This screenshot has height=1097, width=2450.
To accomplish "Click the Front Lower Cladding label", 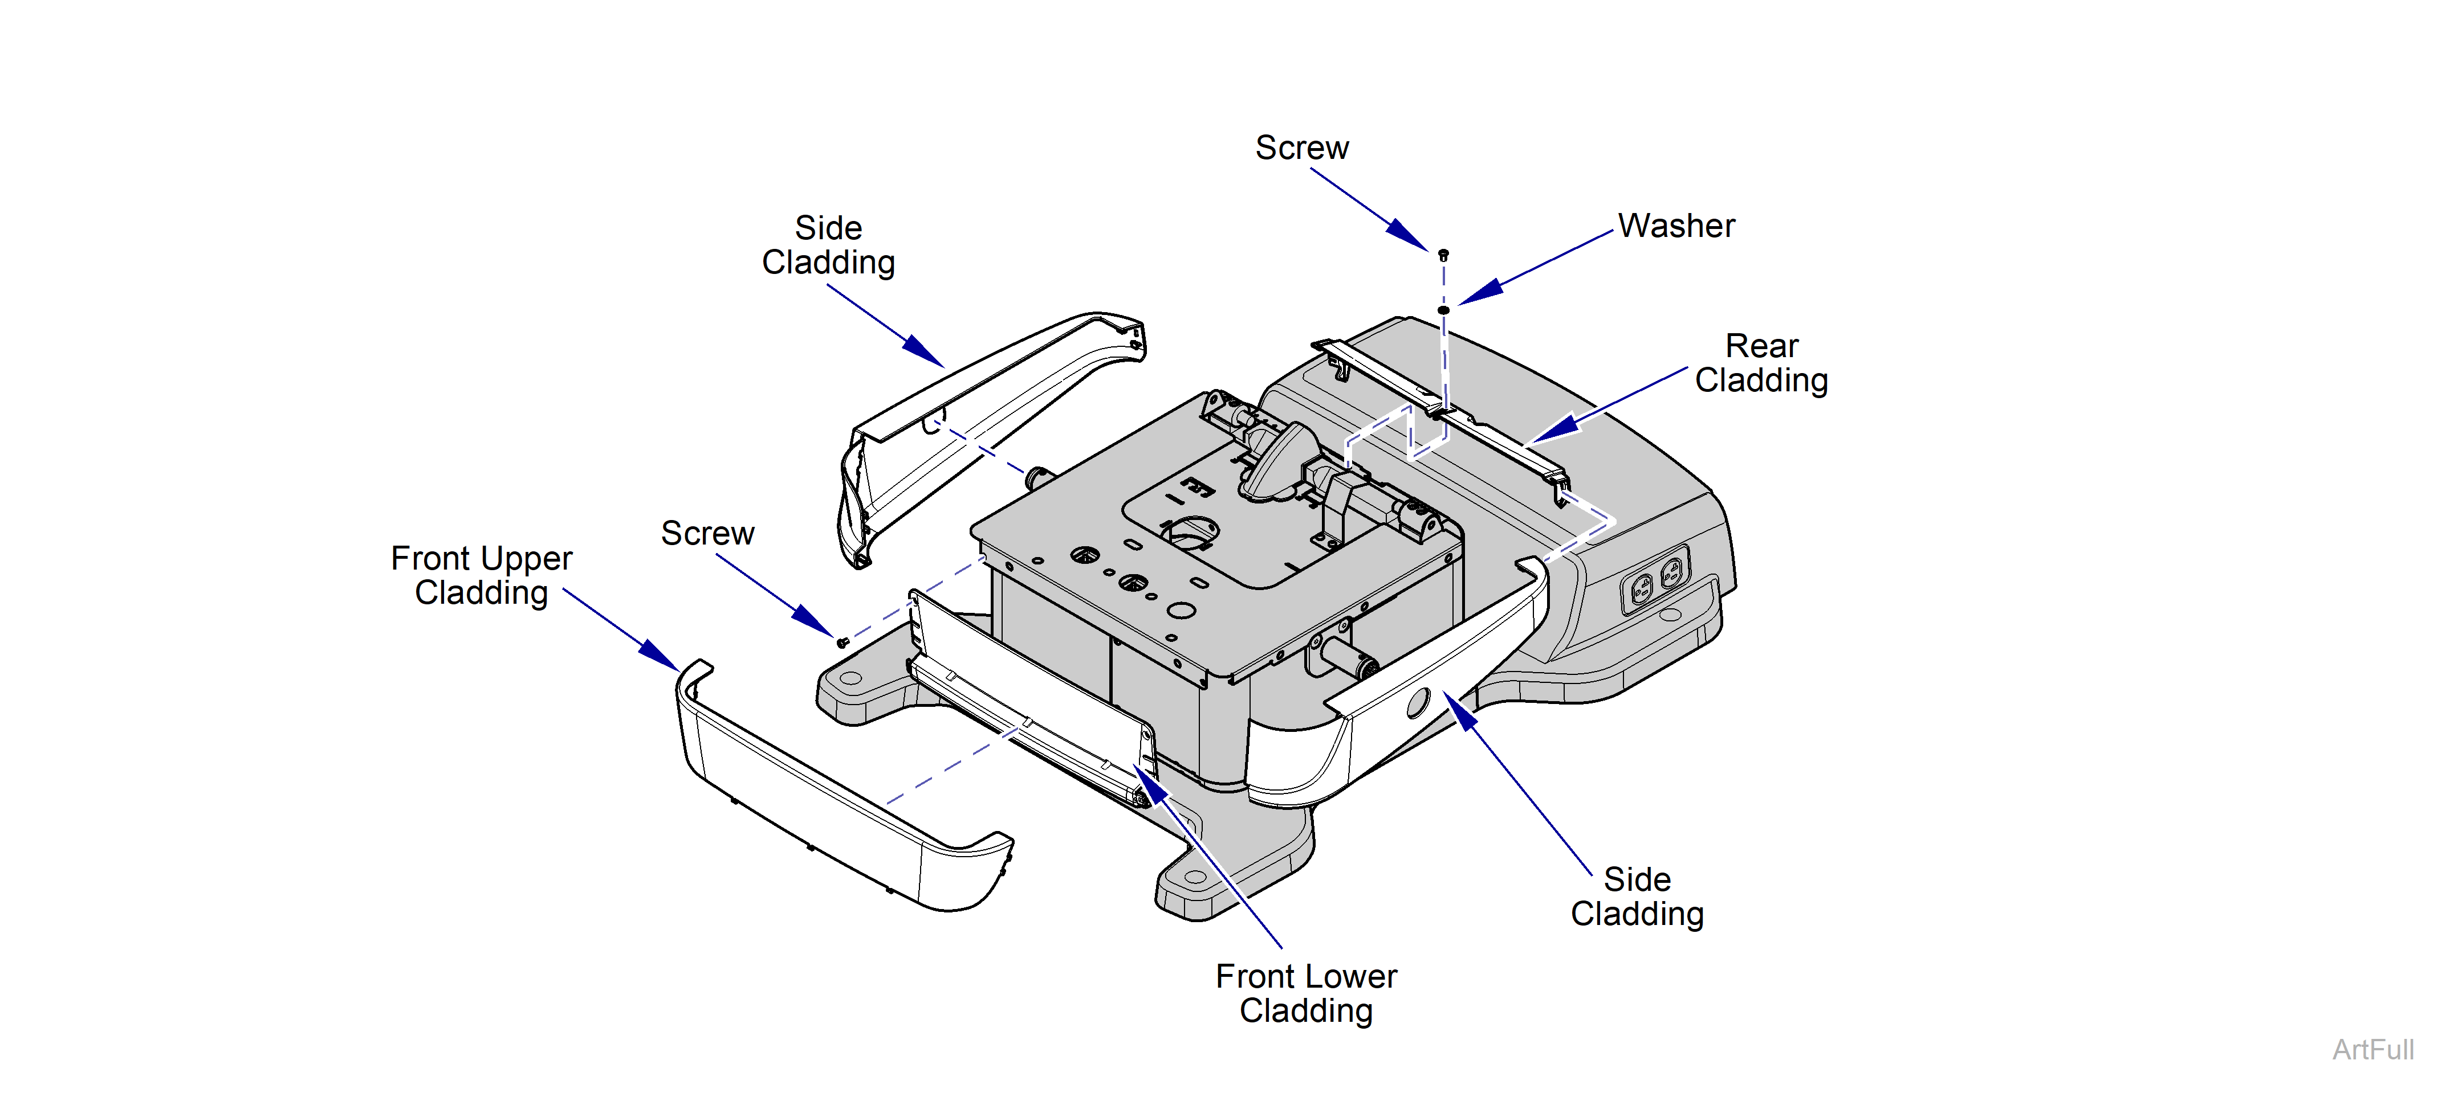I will (1306, 993).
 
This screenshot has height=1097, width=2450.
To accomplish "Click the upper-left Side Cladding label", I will (828, 245).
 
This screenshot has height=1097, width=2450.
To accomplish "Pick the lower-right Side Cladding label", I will (1637, 897).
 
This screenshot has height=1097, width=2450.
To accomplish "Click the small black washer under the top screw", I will (1443, 310).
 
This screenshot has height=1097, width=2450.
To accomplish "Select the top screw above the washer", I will (1443, 255).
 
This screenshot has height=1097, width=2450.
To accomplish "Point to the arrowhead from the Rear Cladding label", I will (1552, 429).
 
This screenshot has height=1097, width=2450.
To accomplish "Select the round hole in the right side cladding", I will (1417, 703).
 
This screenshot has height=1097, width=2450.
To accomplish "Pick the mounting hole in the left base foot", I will (851, 679).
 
